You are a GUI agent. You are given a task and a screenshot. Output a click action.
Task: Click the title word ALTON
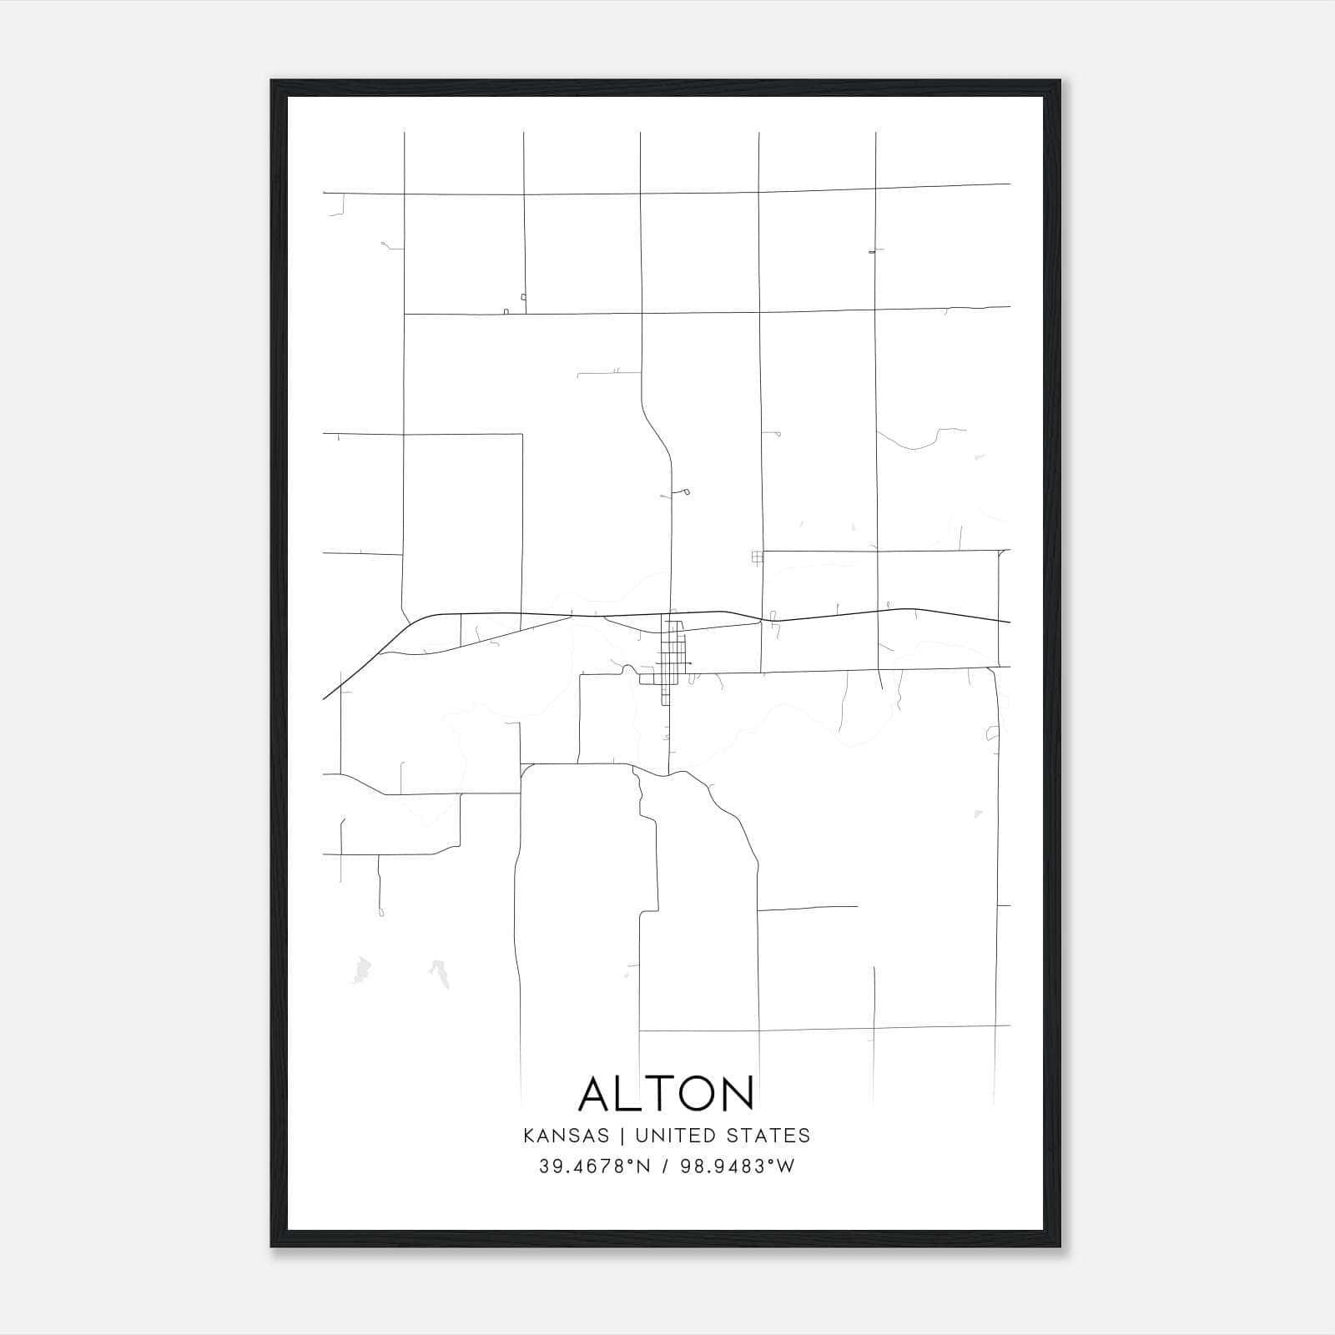coord(667,1093)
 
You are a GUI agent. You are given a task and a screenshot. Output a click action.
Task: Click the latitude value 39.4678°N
coord(593,1166)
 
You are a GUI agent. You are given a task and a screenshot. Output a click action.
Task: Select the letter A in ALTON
coord(597,1093)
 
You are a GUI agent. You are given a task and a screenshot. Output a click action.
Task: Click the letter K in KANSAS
coord(529,1136)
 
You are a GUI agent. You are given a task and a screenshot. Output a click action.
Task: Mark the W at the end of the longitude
coord(786,1166)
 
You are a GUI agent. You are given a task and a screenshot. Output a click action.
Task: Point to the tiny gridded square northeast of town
coord(757,557)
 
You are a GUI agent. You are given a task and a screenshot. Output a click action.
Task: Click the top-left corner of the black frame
coord(272,81)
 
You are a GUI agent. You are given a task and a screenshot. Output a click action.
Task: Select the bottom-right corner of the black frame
coord(1060,1247)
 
